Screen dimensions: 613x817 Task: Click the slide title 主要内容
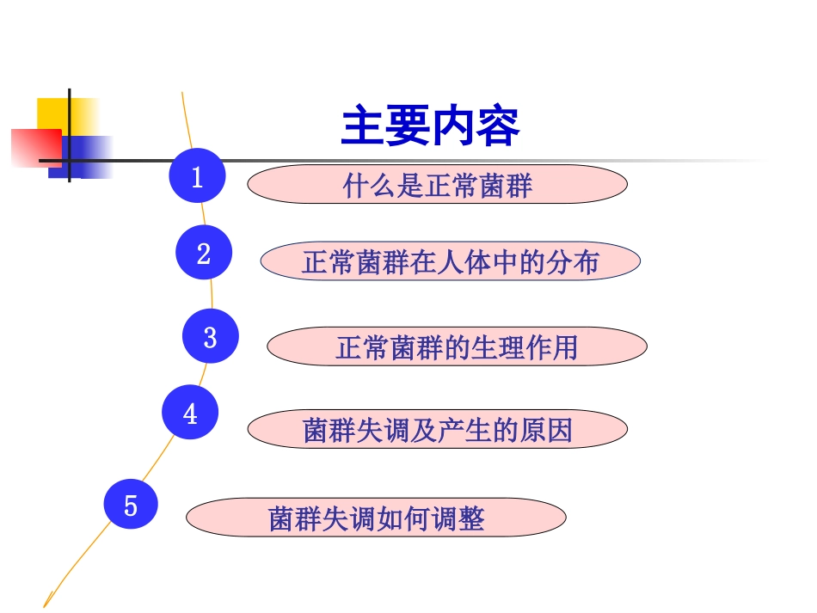pos(430,127)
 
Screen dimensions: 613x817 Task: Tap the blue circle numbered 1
pos(197,176)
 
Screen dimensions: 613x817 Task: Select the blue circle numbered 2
pos(204,254)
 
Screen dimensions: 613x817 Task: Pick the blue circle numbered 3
pos(210,336)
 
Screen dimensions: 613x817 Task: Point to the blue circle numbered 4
pos(190,414)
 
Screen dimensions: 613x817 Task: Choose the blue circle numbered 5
pos(131,505)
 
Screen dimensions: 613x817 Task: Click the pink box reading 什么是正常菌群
pos(437,185)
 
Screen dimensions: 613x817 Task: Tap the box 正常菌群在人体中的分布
pos(450,261)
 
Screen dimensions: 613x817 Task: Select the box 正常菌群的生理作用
pos(457,346)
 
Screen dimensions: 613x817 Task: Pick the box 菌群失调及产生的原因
pos(437,429)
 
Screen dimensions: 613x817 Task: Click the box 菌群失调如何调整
pos(376,518)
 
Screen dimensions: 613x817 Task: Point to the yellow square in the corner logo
pos(53,113)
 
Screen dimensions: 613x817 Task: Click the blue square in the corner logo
pos(86,156)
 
